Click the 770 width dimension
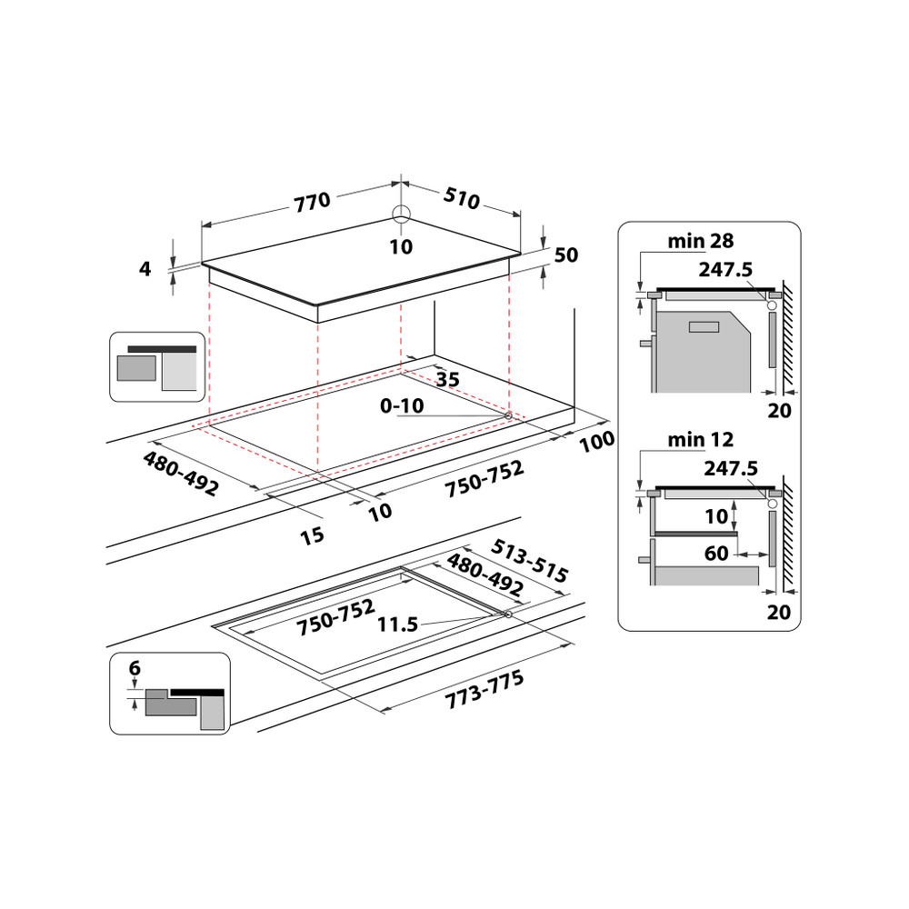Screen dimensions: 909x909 (312, 202)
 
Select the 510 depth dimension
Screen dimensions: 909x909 (462, 197)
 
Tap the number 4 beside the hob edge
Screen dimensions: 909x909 (145, 269)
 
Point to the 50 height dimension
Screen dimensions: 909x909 (566, 255)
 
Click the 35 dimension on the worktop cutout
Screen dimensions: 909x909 (447, 378)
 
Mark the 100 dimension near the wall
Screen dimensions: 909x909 (596, 441)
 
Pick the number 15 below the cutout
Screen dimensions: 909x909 (312, 535)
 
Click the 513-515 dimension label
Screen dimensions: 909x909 (529, 561)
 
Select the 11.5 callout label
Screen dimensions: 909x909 (400, 624)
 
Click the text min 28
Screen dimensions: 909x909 (700, 241)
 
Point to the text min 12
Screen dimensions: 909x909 (700, 441)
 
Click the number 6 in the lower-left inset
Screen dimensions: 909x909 (135, 669)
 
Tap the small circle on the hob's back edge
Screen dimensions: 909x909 (401, 215)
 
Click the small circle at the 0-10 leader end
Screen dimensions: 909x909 (507, 415)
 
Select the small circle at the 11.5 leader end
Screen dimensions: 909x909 (506, 615)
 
